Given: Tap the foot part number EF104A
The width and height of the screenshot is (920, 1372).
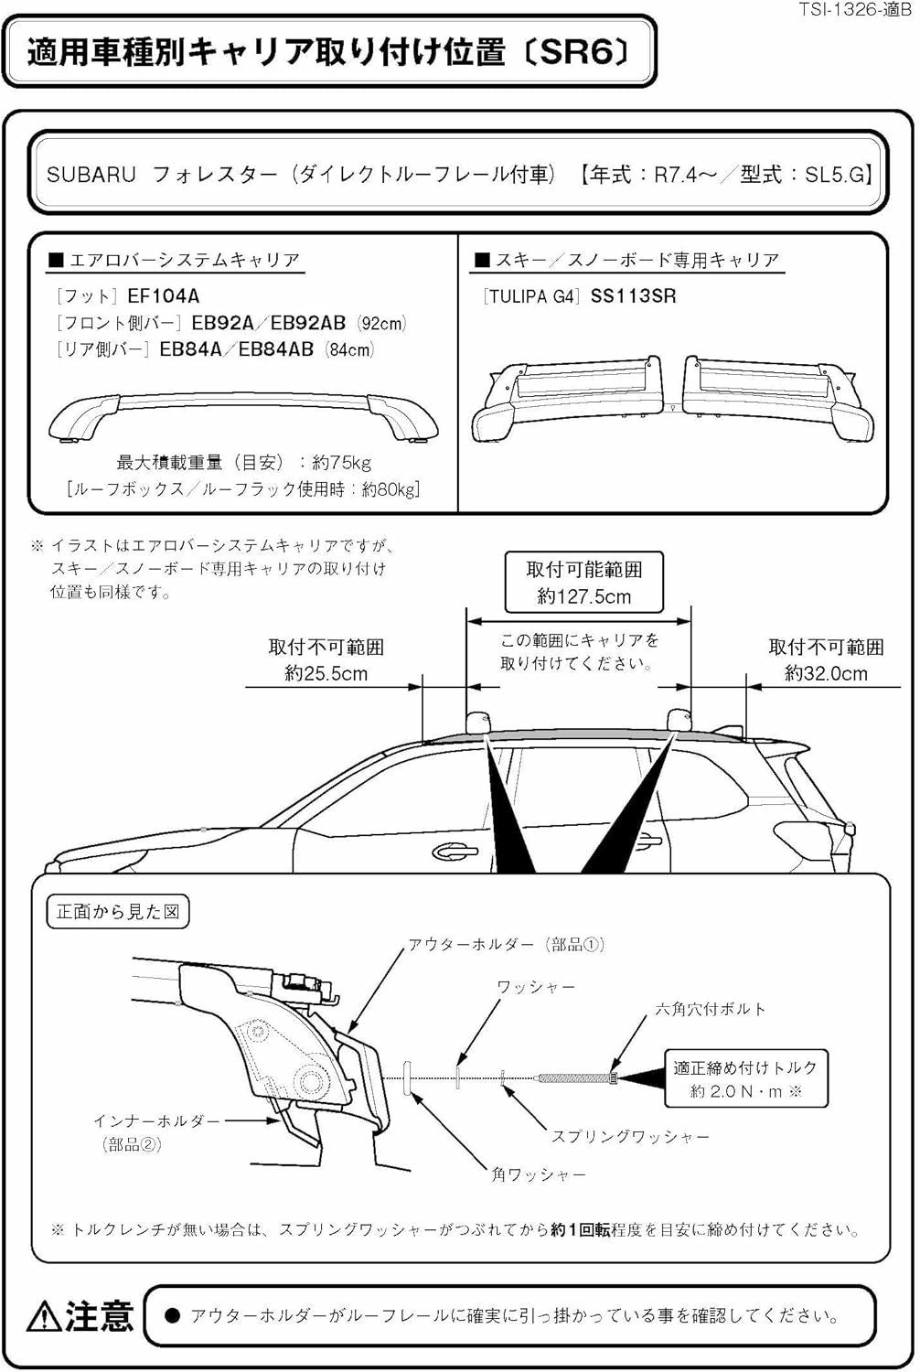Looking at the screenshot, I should [164, 295].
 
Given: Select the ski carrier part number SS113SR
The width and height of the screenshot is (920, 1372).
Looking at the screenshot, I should [633, 295].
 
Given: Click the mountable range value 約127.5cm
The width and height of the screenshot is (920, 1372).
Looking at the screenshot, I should [583, 596].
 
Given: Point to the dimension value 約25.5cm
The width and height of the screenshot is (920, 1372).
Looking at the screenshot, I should [326, 673].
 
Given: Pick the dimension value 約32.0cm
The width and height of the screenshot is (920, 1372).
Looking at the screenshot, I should [826, 673].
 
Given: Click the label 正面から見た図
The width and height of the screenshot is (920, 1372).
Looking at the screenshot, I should [118, 912].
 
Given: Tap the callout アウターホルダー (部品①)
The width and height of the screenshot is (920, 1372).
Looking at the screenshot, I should [506, 944].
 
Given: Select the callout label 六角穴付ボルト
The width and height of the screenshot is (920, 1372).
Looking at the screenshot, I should [710, 1009].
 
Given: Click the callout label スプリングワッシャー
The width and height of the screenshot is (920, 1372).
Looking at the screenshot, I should [630, 1136].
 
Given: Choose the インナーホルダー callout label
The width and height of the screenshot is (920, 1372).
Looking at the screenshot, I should [156, 1120].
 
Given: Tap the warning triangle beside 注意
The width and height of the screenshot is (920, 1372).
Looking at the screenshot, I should [43, 1315].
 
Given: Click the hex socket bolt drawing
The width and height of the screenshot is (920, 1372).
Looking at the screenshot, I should [576, 1078].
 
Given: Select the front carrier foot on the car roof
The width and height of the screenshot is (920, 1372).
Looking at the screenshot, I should [478, 722].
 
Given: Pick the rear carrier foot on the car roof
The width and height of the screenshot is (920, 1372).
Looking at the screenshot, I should [679, 720].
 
